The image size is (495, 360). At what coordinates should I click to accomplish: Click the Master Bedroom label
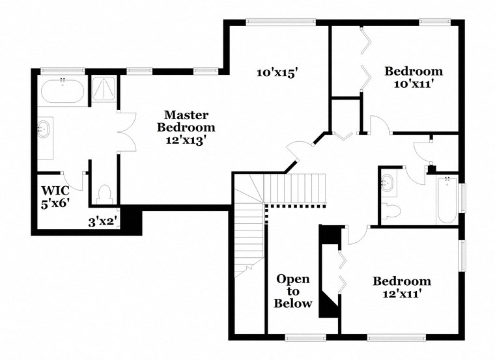tap(186, 127)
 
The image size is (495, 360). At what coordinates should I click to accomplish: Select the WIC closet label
tap(55, 196)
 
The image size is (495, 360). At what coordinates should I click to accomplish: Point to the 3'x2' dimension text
tap(102, 221)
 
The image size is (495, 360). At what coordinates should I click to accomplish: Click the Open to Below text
tap(293, 291)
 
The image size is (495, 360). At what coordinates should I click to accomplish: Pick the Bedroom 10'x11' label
tap(413, 77)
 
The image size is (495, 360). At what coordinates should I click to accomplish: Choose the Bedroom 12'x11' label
tap(401, 287)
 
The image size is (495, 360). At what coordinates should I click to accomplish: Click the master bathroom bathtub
tap(62, 92)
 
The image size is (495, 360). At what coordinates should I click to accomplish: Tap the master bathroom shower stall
tap(102, 89)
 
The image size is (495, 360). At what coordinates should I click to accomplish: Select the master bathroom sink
tap(45, 128)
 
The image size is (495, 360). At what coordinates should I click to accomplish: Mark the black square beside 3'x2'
tap(132, 220)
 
